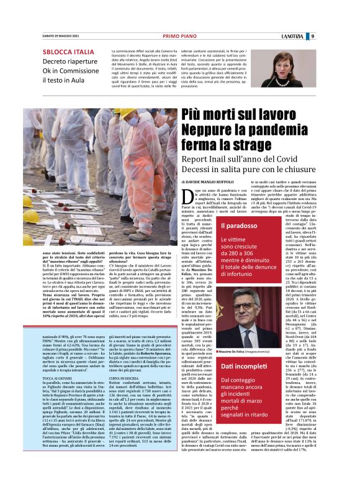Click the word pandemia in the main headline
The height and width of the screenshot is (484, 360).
tap(277, 130)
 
